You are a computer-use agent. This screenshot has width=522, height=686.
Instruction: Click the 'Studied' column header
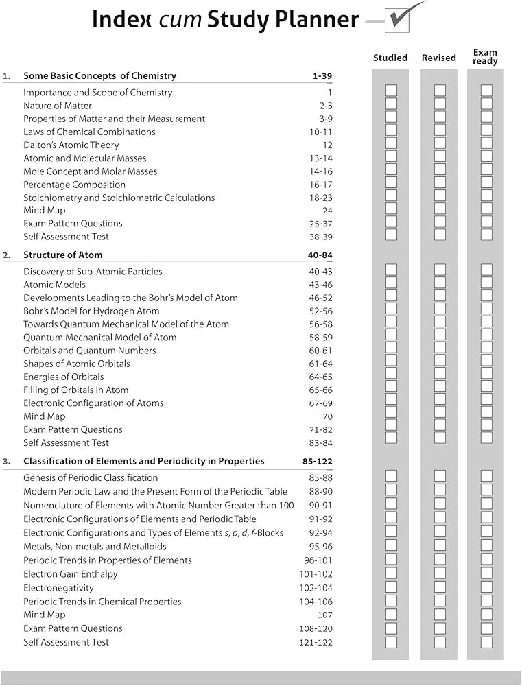390,58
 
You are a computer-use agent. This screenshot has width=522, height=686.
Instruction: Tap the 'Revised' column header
439,58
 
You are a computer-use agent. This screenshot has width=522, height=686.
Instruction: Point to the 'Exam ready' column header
485,56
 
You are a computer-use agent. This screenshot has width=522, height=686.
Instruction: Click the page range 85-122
318,461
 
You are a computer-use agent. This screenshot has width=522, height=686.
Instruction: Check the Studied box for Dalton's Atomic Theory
391,143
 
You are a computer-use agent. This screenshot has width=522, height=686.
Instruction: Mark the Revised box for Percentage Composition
440,182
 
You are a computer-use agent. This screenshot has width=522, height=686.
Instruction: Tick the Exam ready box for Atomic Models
486,283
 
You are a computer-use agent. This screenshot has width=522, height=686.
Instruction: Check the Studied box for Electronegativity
391,587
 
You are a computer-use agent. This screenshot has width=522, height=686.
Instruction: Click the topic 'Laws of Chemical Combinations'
89,132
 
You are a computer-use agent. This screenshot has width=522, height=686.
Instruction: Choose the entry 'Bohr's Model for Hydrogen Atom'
91,311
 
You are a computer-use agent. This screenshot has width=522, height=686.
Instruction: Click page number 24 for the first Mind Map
327,211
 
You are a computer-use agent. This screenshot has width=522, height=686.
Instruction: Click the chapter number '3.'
7,461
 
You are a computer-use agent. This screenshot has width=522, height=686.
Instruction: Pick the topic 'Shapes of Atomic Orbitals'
77,364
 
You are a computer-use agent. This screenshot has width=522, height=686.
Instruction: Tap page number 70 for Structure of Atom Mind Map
327,416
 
